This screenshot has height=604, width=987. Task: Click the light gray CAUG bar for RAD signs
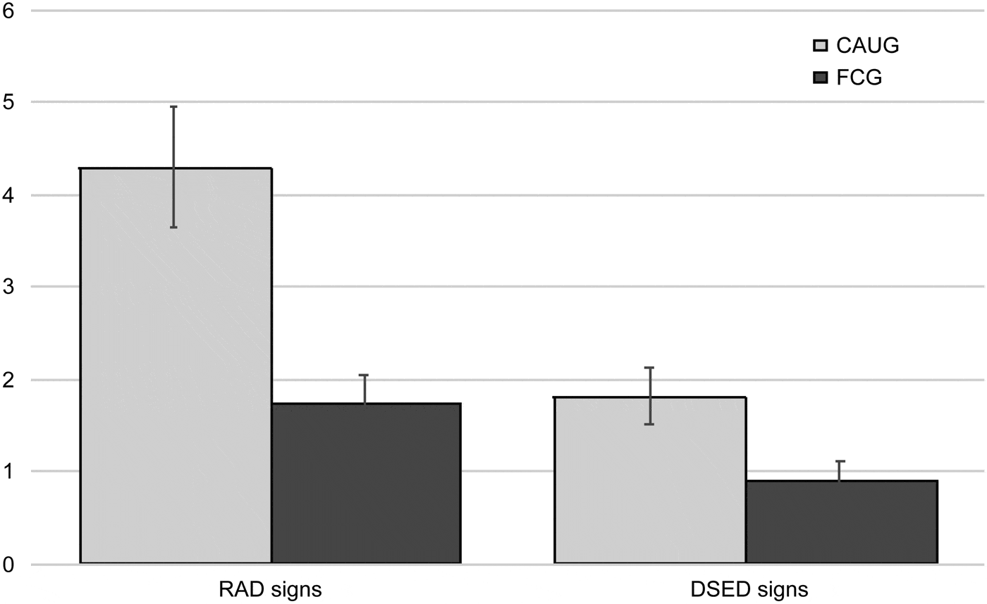pyautogui.click(x=176, y=366)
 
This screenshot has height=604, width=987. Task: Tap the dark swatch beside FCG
pyautogui.click(x=821, y=78)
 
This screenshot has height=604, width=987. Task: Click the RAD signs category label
pyautogui.click(x=271, y=588)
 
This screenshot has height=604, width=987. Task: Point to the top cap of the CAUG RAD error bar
pyautogui.click(x=173, y=106)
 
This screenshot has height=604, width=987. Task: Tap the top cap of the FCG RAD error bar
pyautogui.click(x=364, y=375)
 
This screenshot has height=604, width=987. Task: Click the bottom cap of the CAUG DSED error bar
pyautogui.click(x=649, y=424)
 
